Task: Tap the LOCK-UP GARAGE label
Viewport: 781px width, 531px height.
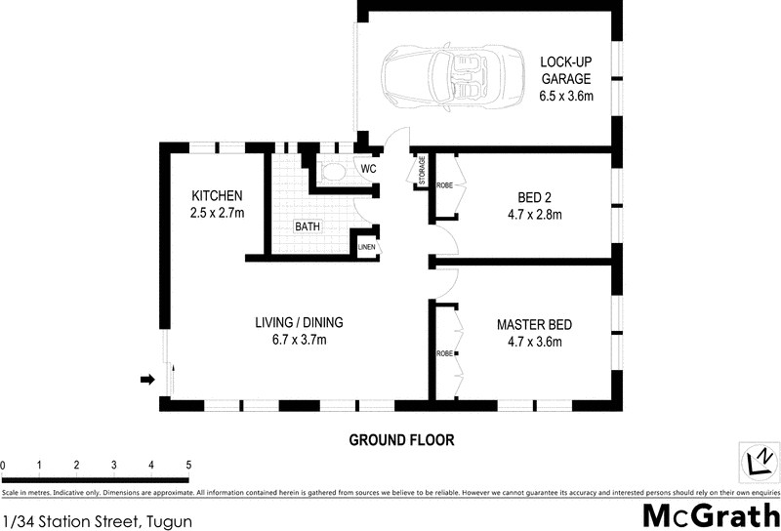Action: (567, 78)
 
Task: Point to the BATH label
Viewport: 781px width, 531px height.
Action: (308, 227)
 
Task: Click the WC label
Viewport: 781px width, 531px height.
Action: (368, 170)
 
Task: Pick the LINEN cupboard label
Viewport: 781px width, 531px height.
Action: (367, 247)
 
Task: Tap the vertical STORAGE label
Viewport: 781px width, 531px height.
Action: (423, 171)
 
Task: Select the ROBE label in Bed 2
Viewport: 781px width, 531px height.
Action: (444, 184)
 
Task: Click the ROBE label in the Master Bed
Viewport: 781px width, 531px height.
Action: (443, 352)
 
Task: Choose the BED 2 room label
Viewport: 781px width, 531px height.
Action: (534, 195)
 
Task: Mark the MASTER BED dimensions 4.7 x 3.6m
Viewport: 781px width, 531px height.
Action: (534, 342)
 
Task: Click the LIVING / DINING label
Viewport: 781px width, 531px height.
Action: (299, 323)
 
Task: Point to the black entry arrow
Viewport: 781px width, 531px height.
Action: (148, 379)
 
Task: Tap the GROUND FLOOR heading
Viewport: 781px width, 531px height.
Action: (401, 440)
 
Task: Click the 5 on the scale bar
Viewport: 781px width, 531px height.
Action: (188, 465)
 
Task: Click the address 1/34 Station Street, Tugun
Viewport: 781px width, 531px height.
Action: (98, 521)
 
